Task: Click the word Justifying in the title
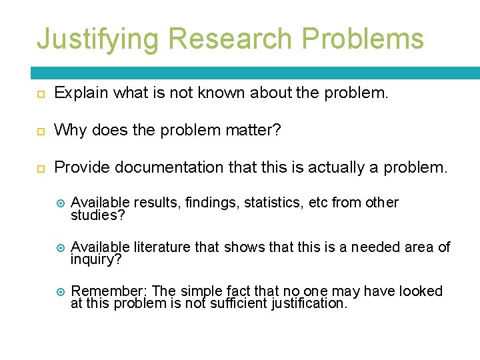[x=98, y=39]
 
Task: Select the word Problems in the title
[x=363, y=39]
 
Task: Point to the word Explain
[x=81, y=93]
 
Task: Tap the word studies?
[x=98, y=216]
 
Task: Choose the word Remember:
[x=109, y=291]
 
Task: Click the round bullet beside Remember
[x=59, y=292]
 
